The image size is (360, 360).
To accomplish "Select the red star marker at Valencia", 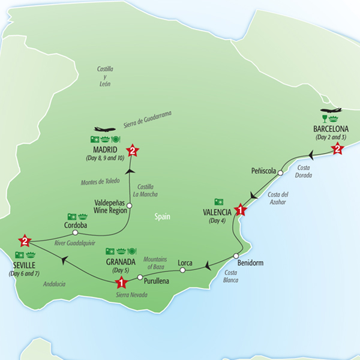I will point(240,210).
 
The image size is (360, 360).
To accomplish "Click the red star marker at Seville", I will point(25,241).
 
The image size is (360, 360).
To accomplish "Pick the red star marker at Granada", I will point(121,283).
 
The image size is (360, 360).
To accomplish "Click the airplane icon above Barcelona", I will point(331,110).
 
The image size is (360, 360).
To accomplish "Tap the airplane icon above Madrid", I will point(104,129).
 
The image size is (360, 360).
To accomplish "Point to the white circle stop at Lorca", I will point(182,270).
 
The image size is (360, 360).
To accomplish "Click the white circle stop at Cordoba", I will point(75,232).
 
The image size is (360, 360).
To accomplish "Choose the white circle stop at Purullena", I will point(139,277).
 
